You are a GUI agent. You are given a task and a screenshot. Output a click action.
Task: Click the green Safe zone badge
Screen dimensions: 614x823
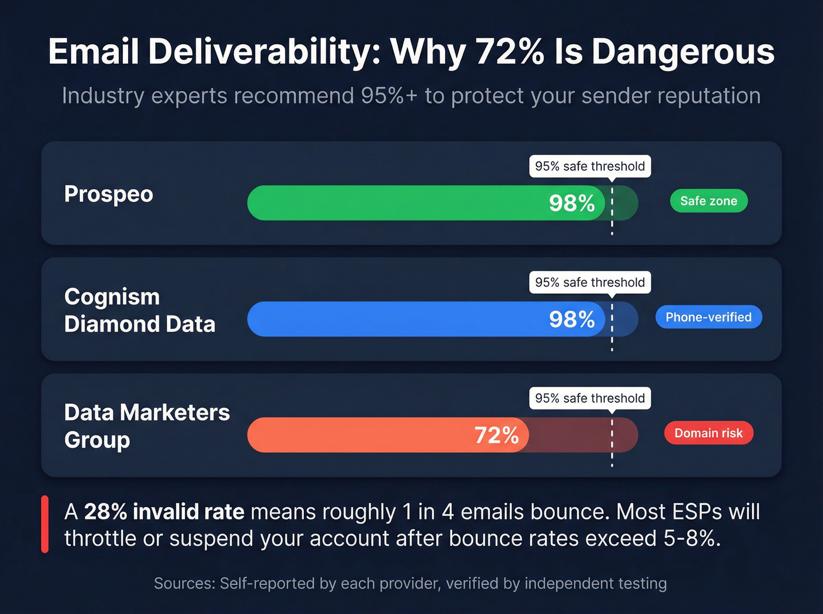pos(708,201)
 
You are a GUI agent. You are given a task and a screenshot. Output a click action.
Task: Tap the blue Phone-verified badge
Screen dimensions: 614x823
pos(708,317)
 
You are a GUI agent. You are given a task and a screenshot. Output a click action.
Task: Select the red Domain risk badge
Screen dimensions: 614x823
pos(708,433)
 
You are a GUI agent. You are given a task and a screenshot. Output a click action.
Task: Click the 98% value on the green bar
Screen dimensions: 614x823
pos(571,203)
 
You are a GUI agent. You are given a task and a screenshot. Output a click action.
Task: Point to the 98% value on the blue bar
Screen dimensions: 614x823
pos(571,320)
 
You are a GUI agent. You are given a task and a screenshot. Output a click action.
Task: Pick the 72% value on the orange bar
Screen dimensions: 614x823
pos(496,435)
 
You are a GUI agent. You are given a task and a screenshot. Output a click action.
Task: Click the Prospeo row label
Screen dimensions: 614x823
pos(109,194)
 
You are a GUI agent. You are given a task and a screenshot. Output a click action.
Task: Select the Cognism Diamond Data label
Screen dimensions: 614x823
pos(139,310)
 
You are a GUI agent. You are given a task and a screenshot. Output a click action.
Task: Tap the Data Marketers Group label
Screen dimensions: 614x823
pos(146,426)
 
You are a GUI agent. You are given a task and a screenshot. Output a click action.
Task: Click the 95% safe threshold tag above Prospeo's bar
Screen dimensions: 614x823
pos(590,166)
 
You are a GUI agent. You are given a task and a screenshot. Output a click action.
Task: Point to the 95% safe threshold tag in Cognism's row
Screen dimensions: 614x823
pos(590,283)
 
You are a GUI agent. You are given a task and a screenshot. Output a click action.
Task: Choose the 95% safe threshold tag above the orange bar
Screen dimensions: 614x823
pos(590,398)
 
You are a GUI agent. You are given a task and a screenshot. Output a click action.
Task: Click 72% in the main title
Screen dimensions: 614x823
pos(510,52)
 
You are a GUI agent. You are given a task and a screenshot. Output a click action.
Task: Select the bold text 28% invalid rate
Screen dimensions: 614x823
pos(164,512)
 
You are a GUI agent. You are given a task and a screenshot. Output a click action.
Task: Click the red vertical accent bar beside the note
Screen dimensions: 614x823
pos(45,524)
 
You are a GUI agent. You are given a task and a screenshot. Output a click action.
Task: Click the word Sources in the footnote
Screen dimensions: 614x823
pos(183,583)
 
